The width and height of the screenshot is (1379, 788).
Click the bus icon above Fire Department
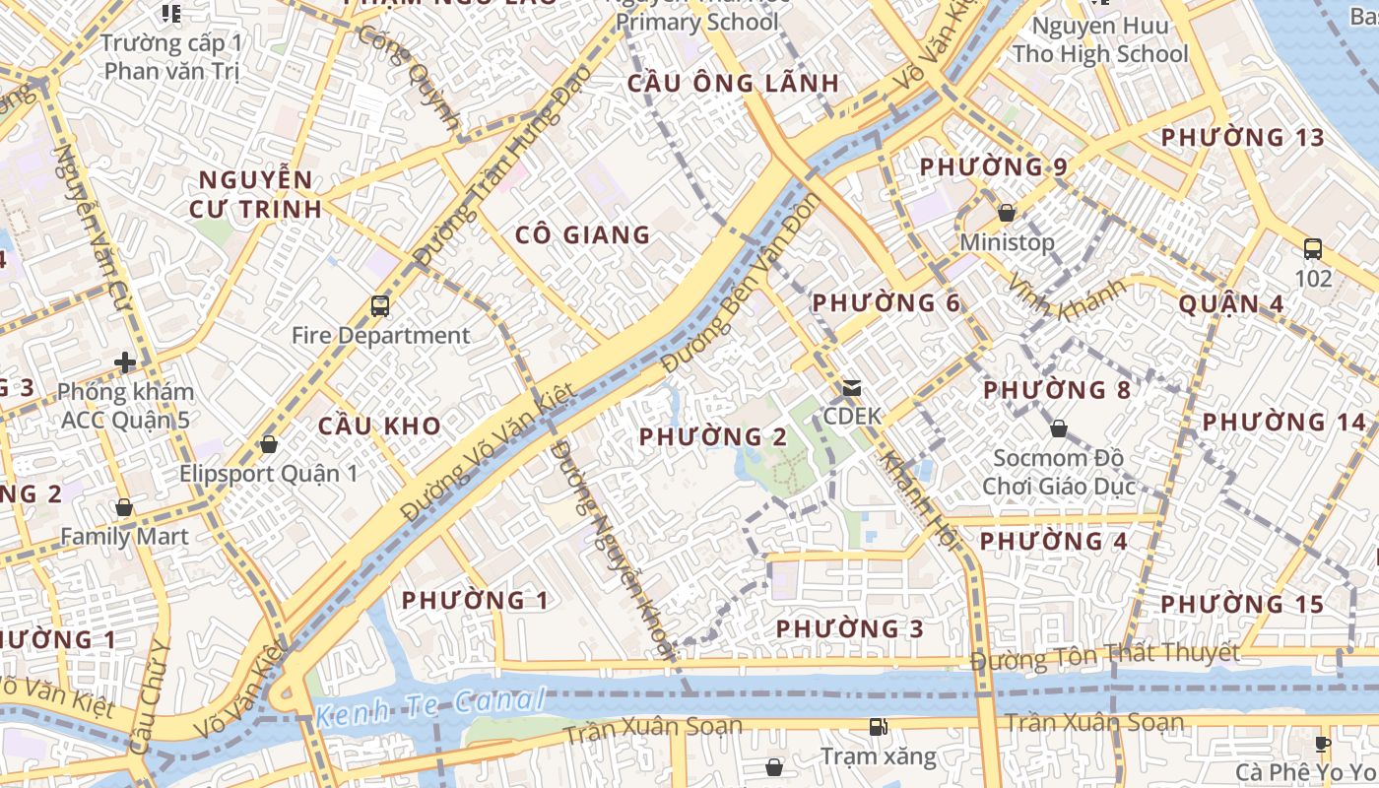(380, 305)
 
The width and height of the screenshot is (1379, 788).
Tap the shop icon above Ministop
(1007, 212)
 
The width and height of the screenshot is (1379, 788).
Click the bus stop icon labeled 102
(1312, 248)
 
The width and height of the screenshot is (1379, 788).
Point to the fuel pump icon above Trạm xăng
(878, 727)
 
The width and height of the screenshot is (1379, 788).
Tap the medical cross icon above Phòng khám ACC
(125, 362)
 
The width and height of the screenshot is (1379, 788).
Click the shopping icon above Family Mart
(124, 507)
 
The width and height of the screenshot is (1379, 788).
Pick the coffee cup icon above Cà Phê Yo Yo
(1323, 743)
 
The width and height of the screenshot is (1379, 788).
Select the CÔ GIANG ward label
(582, 234)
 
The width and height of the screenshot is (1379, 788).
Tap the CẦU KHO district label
(379, 427)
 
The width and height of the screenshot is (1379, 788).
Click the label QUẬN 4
(1231, 303)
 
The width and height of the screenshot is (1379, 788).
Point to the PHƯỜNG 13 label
(1243, 137)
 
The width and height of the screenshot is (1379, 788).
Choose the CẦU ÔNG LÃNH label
(734, 83)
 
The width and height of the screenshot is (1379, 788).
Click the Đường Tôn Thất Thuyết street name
(1104, 655)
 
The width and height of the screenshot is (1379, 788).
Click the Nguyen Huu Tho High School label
(1100, 39)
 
